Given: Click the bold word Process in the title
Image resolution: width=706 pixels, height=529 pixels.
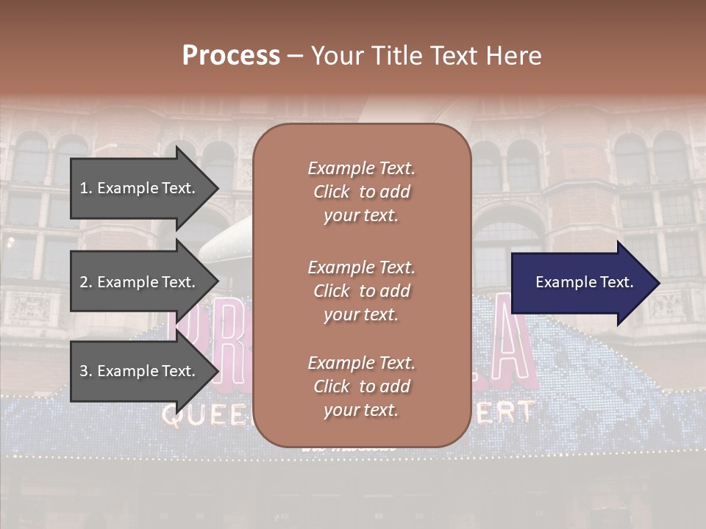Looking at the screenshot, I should click(231, 56).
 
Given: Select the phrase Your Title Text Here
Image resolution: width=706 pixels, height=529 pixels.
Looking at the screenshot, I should click(426, 56).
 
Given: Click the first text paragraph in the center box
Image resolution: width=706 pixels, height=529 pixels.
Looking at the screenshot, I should click(361, 192).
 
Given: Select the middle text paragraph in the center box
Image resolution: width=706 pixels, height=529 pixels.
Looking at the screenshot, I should click(361, 290).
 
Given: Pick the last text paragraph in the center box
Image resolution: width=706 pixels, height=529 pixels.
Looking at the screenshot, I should click(361, 386).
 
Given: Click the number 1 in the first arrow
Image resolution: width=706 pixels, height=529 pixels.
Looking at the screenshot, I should click(84, 188).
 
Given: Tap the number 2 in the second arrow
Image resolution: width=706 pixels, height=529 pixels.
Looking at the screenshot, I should click(84, 282).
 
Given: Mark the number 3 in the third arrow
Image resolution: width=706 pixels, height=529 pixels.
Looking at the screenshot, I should click(84, 371).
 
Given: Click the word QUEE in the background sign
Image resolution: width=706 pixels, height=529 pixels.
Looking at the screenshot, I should click(206, 416).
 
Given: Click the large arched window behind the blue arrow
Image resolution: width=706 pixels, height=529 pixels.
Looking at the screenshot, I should click(507, 235).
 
